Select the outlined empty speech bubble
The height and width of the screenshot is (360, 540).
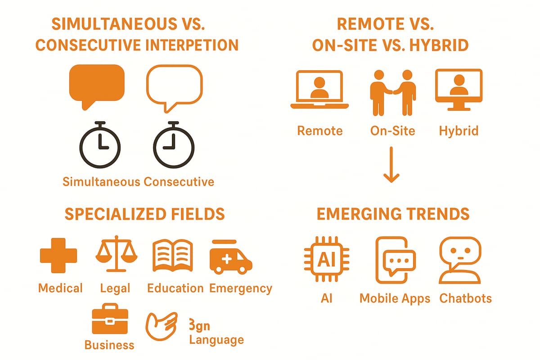[x=174, y=85]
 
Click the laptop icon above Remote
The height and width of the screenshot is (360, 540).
[x=319, y=90]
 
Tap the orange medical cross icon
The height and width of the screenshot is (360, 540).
[x=58, y=255]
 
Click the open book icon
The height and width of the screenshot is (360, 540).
[x=173, y=255]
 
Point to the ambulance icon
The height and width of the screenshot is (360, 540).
[x=230, y=257]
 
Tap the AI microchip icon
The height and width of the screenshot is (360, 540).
[x=327, y=260]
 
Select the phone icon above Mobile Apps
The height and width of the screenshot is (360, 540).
[x=395, y=260]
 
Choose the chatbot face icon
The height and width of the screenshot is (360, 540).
[x=459, y=260]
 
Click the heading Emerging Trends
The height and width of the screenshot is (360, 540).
[x=393, y=214]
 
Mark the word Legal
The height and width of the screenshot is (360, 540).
[x=115, y=288]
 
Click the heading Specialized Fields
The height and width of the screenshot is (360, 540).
[x=144, y=214]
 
